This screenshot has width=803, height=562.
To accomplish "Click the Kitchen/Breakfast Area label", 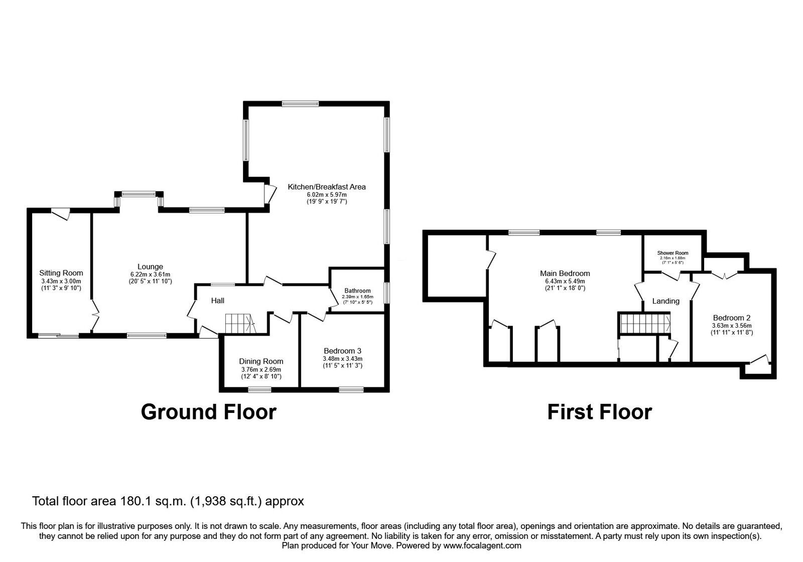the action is (x=327, y=187).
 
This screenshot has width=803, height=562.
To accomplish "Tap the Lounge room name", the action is (x=150, y=266).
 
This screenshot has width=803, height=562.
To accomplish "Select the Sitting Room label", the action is (x=61, y=273).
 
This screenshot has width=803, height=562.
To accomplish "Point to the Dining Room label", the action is (x=261, y=361).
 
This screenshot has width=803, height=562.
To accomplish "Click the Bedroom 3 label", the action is (x=342, y=351).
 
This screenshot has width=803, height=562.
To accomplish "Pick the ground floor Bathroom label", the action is (x=357, y=291).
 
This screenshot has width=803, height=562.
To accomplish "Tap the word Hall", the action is (x=218, y=301).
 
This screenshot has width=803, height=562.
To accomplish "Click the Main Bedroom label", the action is (x=565, y=273).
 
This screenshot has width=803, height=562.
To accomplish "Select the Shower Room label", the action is (x=673, y=253).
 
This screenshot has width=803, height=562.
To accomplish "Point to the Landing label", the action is (x=665, y=301).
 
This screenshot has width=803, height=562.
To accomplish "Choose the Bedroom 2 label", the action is (x=731, y=318).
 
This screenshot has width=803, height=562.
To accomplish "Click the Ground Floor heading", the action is (x=209, y=412).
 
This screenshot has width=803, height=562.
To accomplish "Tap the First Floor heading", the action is (x=600, y=412).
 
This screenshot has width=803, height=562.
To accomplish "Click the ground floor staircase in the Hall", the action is (x=239, y=324).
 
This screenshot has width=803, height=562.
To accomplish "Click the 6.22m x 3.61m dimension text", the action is (x=150, y=274).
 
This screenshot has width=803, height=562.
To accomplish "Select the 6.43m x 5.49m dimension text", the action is (x=565, y=282).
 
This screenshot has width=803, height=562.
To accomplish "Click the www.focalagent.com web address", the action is (x=482, y=545).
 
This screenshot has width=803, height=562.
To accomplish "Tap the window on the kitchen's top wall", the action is (x=300, y=103).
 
